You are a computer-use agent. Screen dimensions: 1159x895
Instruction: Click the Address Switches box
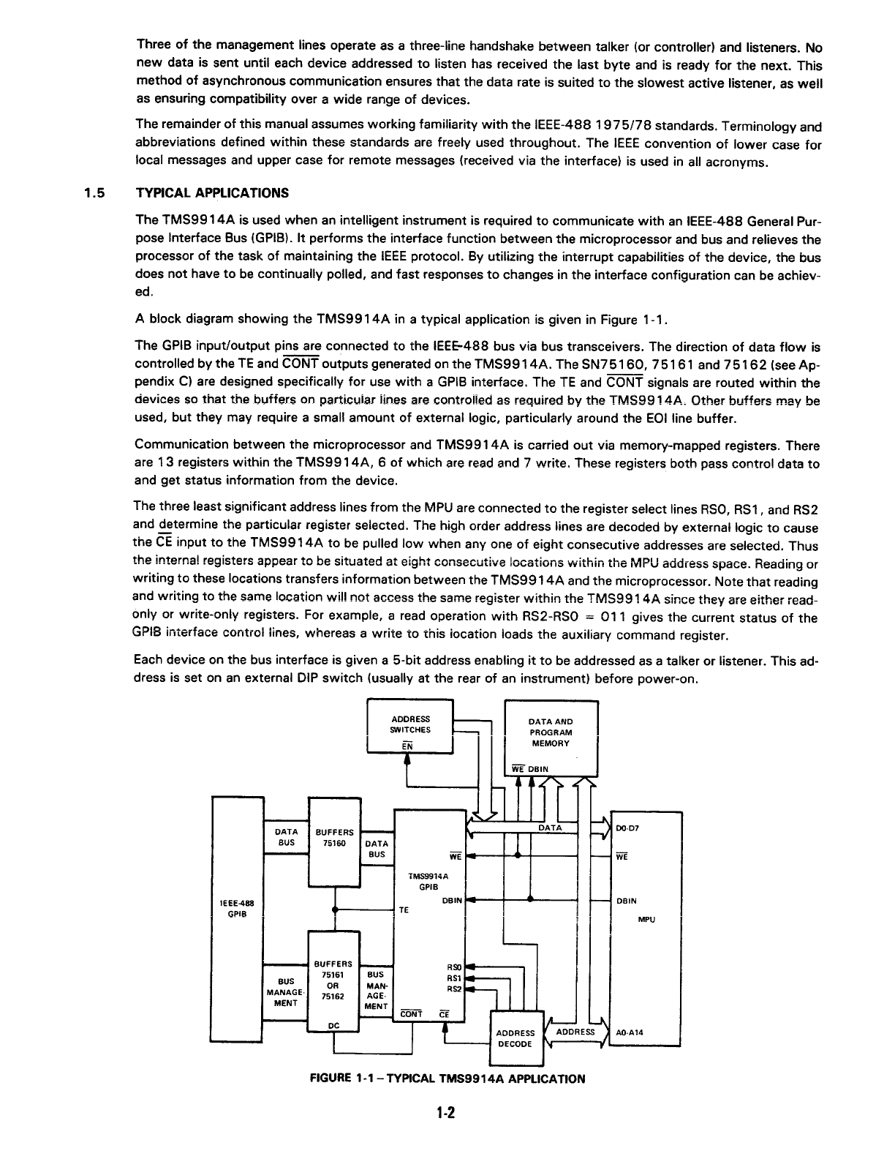(x=410, y=727)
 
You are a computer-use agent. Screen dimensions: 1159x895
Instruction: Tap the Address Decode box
(x=515, y=1038)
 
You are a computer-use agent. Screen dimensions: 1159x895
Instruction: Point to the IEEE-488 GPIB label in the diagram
(x=237, y=907)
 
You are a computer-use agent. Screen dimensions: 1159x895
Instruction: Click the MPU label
(x=646, y=919)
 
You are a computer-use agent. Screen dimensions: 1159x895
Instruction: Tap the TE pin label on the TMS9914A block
(x=403, y=911)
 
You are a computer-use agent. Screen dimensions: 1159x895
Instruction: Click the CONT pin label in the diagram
(x=412, y=1013)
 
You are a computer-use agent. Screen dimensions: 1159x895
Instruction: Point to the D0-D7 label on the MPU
(x=627, y=828)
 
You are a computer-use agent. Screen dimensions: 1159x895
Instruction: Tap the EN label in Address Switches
(x=407, y=746)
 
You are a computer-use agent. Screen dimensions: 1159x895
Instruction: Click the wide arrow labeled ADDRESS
(x=575, y=1032)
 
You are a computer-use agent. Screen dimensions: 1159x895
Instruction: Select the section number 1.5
(x=94, y=194)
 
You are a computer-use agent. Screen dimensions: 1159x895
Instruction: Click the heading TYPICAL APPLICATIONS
(x=212, y=194)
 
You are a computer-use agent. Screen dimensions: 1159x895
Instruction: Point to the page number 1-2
(x=446, y=1114)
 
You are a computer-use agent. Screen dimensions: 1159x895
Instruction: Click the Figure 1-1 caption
(x=448, y=1079)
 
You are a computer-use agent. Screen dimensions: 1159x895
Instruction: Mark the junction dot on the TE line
(x=334, y=911)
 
